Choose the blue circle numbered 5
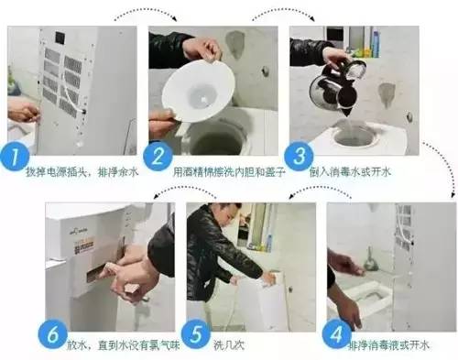(194, 333)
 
